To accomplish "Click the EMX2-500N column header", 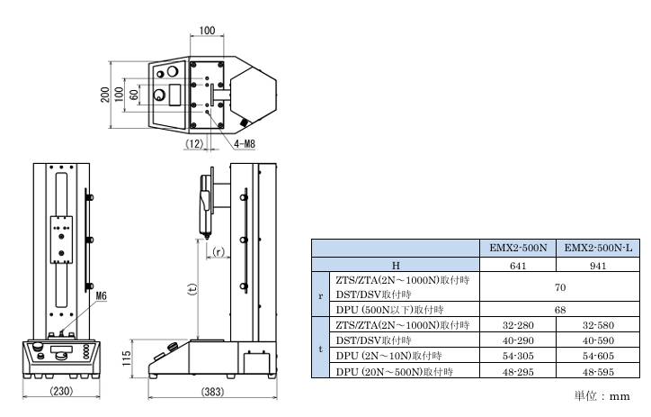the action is pos(518,249).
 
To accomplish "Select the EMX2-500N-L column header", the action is pos(598,249).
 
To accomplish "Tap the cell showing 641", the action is pos(518,266).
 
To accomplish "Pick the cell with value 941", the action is pos(598,266).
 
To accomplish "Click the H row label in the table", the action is pos(396,266).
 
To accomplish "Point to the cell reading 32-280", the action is pos(518,325).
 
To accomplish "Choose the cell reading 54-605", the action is pos(598,356).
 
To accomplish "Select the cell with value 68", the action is pos(559,310).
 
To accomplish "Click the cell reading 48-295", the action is pos(518,372).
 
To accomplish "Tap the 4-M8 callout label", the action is pos(245,144).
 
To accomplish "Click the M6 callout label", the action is pos(101,295).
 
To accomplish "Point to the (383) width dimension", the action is pos(212,392).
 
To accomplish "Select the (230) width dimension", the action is pos(61,391).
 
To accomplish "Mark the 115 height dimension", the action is pos(127,358).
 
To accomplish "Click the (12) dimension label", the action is pos(194,144).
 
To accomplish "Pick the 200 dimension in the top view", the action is pos(105,95).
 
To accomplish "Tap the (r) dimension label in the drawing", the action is pos(218,251).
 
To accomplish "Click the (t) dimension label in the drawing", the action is pos(192,289).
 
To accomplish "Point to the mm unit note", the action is pos(619,396).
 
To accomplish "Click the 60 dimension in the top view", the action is pos(134,95).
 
